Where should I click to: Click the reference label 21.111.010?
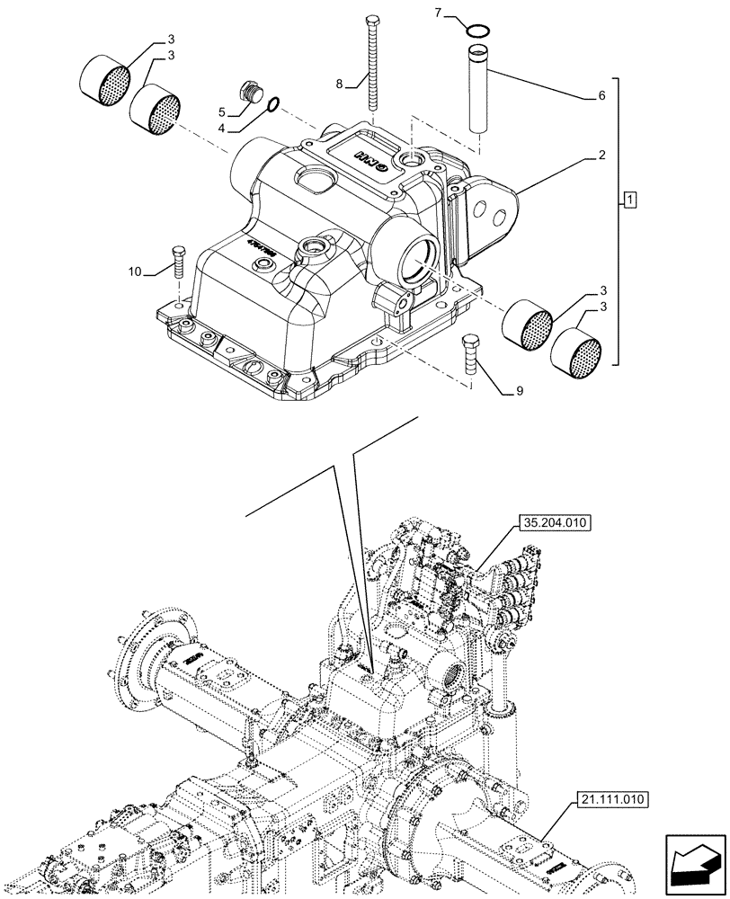tap(608, 797)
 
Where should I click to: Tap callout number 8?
tap(339, 84)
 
